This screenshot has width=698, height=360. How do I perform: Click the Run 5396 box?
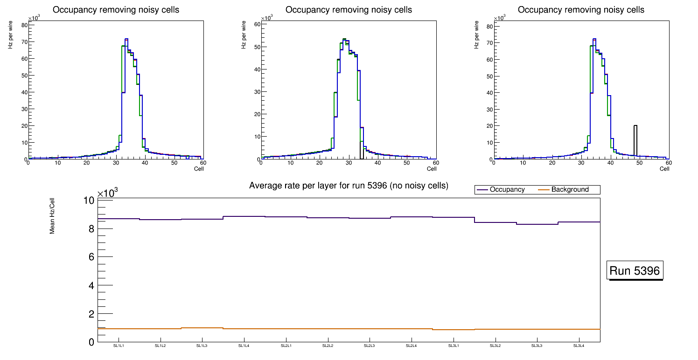click(635, 271)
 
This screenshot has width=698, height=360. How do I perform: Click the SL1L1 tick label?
click(119, 346)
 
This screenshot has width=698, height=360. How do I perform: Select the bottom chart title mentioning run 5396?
click(349, 186)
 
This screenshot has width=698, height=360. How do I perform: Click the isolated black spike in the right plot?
click(635, 140)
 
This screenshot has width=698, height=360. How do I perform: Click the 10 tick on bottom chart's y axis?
click(89, 201)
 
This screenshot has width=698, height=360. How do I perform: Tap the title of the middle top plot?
click(349, 10)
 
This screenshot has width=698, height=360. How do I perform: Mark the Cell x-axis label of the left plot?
click(199, 169)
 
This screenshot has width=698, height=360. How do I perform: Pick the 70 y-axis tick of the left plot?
click(23, 42)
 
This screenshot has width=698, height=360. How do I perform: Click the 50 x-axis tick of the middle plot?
click(407, 163)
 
